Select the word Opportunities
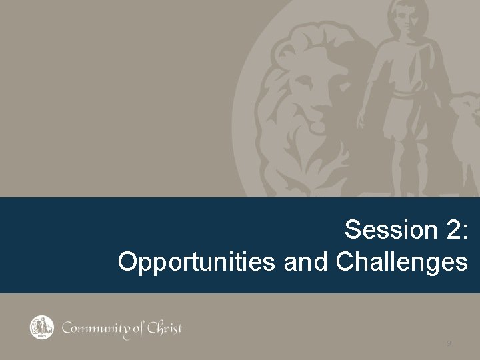click(x=197, y=261)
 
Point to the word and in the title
click(x=306, y=261)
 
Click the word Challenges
click(x=401, y=261)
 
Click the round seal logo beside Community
click(x=41, y=327)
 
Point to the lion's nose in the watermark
click(x=319, y=124)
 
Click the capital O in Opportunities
click(x=127, y=261)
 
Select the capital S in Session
click(x=352, y=231)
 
